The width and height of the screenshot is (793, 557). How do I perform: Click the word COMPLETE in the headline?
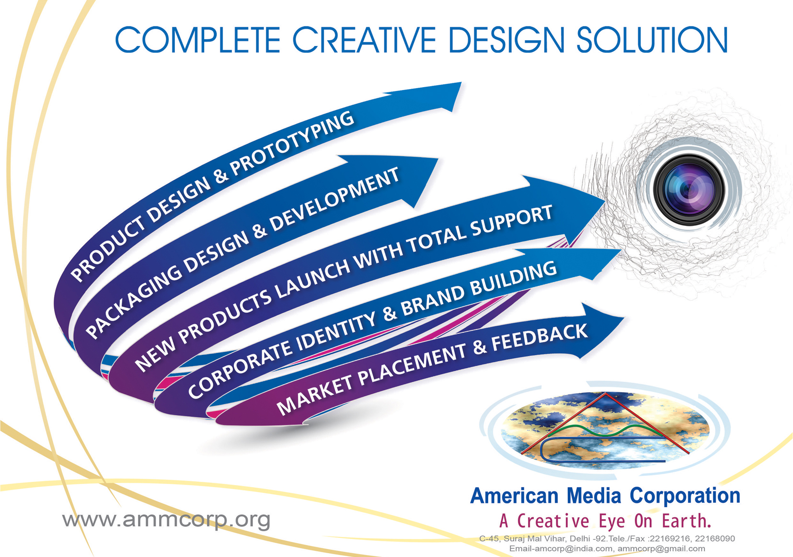tap(197, 40)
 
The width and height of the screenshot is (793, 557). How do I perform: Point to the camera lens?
tap(689, 190)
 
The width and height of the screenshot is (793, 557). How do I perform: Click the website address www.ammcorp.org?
tap(166, 520)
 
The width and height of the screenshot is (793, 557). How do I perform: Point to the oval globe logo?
tap(606, 430)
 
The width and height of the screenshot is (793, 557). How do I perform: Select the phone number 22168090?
tap(715, 539)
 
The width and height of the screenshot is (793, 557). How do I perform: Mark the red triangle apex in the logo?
tap(606, 394)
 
